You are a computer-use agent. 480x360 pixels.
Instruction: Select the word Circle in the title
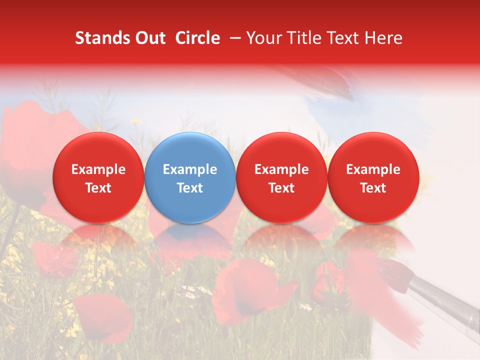click(197, 38)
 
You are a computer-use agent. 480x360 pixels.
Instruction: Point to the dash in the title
click(233, 38)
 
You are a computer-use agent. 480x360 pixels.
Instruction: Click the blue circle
click(190, 177)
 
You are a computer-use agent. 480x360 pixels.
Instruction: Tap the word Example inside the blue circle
click(190, 169)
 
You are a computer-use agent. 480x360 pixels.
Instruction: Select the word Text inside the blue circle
click(190, 188)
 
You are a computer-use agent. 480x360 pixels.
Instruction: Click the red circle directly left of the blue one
click(98, 177)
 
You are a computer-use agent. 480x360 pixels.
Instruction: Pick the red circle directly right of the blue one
click(281, 177)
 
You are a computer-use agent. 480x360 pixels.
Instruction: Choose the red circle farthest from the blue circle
click(373, 177)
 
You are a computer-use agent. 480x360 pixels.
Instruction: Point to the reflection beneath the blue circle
click(190, 240)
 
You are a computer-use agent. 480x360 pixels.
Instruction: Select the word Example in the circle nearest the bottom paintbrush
click(373, 169)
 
